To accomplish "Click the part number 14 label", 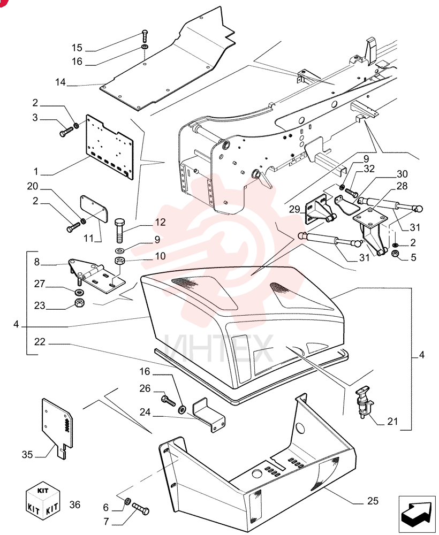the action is pyautogui.click(x=60, y=82).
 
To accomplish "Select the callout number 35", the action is pyautogui.click(x=27, y=454).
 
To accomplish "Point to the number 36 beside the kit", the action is pyautogui.click(x=75, y=505).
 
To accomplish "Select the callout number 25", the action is pyautogui.click(x=373, y=501).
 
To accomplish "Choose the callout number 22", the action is pyautogui.click(x=40, y=341).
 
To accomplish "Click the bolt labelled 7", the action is pyautogui.click(x=140, y=508).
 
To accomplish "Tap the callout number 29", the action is pyautogui.click(x=294, y=209).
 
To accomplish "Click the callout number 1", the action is pyautogui.click(x=35, y=171).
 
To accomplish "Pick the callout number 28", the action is pyautogui.click(x=402, y=186).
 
